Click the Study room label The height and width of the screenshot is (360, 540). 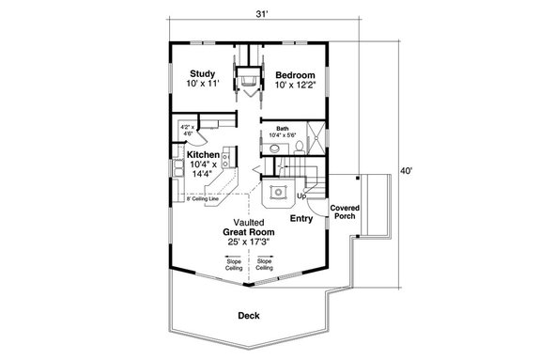pos(204,73)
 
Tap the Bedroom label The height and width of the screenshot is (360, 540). pos(294,73)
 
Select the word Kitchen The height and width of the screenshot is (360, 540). pos(203,155)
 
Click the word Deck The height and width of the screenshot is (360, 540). pos(249,316)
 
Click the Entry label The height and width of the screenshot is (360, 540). pos(301,219)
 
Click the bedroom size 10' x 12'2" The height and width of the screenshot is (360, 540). pos(296,85)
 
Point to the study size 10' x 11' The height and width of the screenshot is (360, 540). pos(204,85)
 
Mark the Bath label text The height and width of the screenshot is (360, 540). pos(282,129)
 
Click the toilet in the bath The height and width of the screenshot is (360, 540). pos(299,146)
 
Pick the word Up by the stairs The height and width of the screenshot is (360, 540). pos(301,195)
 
